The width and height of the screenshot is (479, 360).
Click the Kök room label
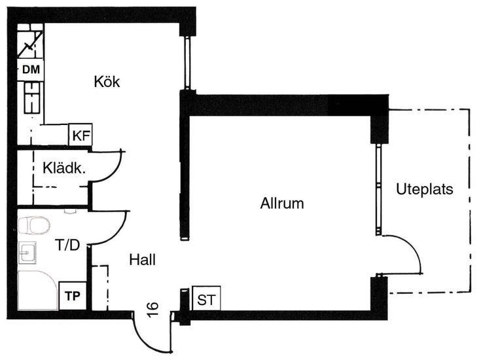pos(107,82)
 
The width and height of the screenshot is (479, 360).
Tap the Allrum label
pos(282,204)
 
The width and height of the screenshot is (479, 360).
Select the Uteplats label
pos(425,189)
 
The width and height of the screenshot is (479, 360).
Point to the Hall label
pos(143,260)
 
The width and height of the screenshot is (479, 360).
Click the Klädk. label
pos(65,168)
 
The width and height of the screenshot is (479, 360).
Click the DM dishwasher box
pos(31,69)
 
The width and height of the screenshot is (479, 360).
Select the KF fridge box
pos(81,135)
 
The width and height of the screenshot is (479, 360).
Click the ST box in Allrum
pos(206,300)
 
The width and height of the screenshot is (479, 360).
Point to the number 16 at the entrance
pos(153,309)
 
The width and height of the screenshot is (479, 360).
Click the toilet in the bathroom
pos(34,226)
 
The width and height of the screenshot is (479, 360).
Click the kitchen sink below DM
pos(31,97)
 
